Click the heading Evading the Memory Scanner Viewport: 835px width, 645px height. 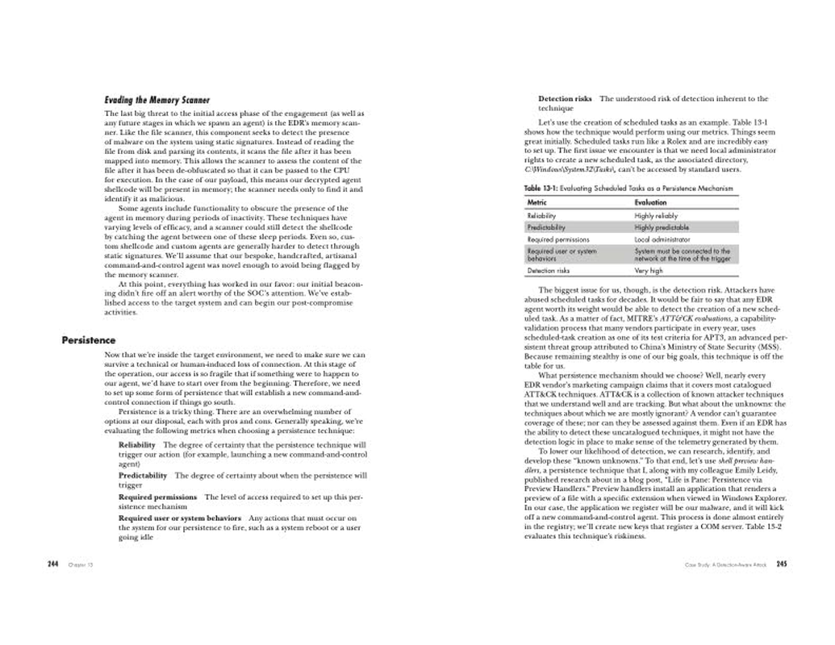coord(157,101)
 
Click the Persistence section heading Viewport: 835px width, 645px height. coord(89,340)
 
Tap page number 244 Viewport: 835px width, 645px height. coord(54,564)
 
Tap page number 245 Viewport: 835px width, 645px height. coord(781,564)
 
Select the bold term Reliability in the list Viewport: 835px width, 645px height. coord(137,444)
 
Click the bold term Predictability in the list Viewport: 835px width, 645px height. coord(143,476)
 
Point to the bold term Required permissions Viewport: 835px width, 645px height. coord(157,497)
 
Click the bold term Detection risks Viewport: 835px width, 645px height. coord(565,98)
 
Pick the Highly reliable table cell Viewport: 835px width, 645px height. coord(656,215)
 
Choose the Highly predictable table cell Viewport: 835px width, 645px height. coord(660,227)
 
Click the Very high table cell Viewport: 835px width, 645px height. coord(648,271)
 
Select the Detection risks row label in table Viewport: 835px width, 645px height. coord(548,271)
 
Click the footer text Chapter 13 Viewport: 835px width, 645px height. coord(81,564)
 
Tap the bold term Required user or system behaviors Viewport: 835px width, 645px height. coord(179,518)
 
